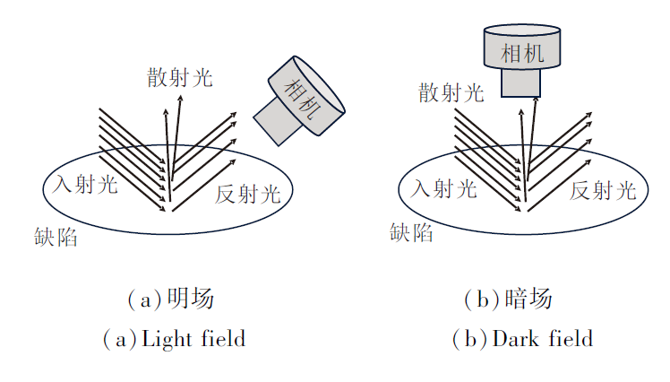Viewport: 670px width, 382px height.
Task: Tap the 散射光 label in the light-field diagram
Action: (x=180, y=77)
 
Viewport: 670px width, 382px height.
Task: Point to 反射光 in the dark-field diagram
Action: (x=604, y=190)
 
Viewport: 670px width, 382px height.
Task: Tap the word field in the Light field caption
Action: (x=221, y=339)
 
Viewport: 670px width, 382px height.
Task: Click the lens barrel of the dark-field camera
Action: (x=520, y=82)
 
